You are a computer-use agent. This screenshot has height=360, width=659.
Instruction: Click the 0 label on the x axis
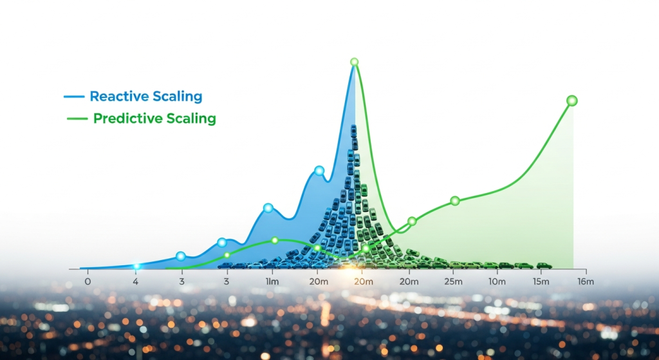click(x=88, y=282)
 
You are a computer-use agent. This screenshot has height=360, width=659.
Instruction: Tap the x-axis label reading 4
click(x=135, y=282)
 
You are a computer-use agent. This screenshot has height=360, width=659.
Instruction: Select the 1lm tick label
click(x=272, y=282)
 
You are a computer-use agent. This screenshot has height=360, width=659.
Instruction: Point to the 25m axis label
click(x=454, y=282)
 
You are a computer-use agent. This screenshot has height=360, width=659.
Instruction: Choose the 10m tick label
click(x=497, y=282)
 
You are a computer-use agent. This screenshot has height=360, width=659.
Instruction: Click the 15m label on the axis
click(x=541, y=282)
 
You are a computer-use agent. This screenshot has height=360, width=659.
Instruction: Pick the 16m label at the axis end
click(x=586, y=282)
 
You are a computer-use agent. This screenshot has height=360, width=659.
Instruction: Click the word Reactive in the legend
click(x=119, y=97)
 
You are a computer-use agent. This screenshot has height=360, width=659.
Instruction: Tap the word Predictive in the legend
click(x=128, y=118)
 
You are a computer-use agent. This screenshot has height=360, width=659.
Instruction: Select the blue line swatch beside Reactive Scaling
click(x=74, y=97)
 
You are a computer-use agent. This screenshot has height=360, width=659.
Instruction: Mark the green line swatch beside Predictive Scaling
click(x=77, y=119)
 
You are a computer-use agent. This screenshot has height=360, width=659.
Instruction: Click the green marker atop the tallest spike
click(x=355, y=62)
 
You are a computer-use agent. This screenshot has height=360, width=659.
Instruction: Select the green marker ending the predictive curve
click(x=572, y=100)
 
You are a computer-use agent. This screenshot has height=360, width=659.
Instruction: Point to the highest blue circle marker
click(x=319, y=171)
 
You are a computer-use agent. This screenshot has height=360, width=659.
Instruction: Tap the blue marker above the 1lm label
click(x=268, y=208)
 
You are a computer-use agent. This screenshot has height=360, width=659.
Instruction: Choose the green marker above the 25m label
click(x=455, y=201)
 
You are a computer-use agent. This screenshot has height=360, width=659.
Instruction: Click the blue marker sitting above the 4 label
click(x=136, y=267)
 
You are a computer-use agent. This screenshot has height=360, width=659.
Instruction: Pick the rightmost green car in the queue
click(x=544, y=265)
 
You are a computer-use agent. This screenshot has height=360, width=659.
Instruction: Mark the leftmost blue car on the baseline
click(x=225, y=266)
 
